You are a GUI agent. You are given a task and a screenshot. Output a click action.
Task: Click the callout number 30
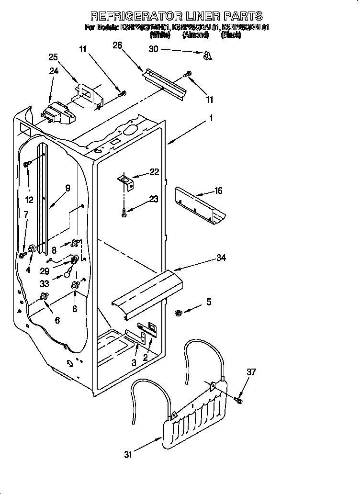point(153,49)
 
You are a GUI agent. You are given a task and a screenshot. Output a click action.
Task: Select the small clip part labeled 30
point(207,56)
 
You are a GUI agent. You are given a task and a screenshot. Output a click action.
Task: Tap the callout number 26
point(117,45)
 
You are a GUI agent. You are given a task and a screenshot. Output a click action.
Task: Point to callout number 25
point(54,57)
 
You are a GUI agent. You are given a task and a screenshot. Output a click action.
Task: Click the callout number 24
point(54,72)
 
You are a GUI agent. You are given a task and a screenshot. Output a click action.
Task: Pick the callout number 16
point(218,191)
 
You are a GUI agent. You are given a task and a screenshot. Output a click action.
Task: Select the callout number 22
point(154,172)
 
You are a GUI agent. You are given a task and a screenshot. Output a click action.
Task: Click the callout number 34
point(221,258)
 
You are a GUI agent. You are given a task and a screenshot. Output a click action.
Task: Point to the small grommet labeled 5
point(179,314)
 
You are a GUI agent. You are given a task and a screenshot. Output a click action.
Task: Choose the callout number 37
point(251,372)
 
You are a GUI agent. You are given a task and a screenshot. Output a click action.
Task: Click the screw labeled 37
point(239,399)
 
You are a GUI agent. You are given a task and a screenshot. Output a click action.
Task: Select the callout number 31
point(128,455)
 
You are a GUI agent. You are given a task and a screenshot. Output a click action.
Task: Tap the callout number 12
point(30,200)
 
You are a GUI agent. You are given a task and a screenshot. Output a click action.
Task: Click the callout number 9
point(67,188)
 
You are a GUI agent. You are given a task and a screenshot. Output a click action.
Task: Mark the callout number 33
point(45,283)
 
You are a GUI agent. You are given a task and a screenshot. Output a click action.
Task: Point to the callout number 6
point(57,320)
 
